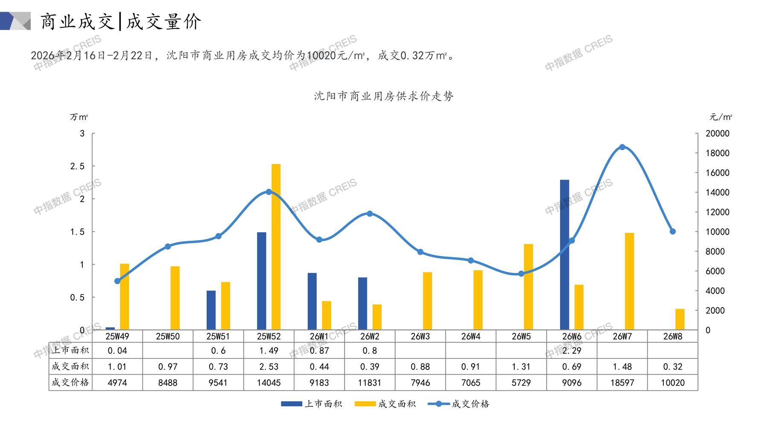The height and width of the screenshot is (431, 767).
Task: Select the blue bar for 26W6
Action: pyautogui.click(x=564, y=255)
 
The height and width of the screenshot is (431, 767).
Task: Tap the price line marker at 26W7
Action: pyautogui.click(x=622, y=147)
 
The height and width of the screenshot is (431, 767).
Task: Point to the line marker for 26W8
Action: pyautogui.click(x=673, y=232)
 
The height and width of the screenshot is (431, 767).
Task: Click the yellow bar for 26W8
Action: pyautogui.click(x=680, y=319)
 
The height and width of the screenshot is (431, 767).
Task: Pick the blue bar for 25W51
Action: pyautogui.click(x=211, y=310)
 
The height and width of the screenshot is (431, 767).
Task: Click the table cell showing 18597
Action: pyautogui.click(x=622, y=383)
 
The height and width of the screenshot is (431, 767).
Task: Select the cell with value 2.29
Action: pyautogui.click(x=572, y=351)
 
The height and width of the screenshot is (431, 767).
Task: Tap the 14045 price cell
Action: pyautogui.click(x=268, y=383)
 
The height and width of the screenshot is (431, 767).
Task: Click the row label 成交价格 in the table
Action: pyautogui.click(x=70, y=382)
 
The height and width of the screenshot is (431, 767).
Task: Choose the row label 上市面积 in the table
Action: pyautogui.click(x=70, y=350)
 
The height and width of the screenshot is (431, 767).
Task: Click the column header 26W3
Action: pyautogui.click(x=420, y=336)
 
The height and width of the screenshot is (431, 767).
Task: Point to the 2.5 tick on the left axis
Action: pyautogui.click(x=77, y=166)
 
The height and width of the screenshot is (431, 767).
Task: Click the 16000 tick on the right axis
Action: pyautogui.click(x=717, y=173)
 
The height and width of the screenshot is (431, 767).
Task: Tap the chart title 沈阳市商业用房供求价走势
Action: pyautogui.click(x=383, y=96)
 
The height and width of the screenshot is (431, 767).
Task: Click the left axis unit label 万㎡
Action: pyautogui.click(x=79, y=117)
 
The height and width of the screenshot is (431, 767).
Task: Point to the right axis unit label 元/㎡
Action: pyautogui.click(x=720, y=117)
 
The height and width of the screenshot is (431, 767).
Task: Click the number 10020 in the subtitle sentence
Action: pyautogui.click(x=321, y=55)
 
